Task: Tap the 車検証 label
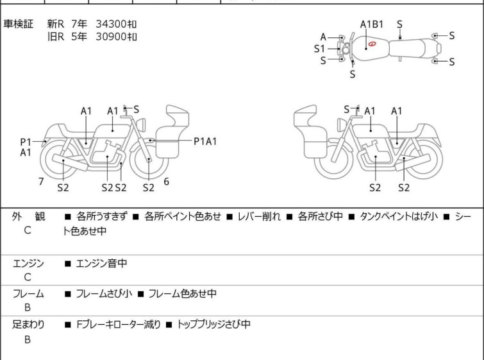coord(18,24)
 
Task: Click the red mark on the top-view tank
coord(372,44)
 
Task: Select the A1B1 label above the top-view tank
coord(372,24)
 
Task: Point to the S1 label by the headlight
coord(319,49)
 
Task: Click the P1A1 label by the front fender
coord(205,142)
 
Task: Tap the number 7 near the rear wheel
coord(41,182)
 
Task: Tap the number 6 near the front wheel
coord(167,182)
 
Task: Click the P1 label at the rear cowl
coord(26,142)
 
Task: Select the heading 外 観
coord(28,217)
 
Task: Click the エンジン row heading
coord(28,263)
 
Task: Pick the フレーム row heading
coord(28,294)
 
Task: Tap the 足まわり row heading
coord(28,325)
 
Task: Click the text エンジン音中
coord(101,263)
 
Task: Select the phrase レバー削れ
coord(259,216)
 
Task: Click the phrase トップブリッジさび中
coord(213,325)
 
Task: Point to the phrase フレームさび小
coord(104,293)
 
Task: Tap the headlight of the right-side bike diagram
coord(341,125)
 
